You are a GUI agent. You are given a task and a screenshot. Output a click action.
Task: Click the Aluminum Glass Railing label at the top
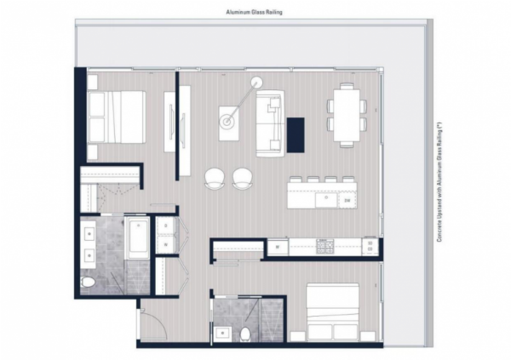254,13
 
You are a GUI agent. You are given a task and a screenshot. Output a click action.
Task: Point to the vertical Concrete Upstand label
439,182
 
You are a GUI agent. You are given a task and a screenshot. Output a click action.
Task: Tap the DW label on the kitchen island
347,201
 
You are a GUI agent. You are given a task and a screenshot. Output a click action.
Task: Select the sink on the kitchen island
326,200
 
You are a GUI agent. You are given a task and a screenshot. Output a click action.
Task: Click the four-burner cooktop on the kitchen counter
325,247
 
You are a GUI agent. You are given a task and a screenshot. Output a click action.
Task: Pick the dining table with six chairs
347,116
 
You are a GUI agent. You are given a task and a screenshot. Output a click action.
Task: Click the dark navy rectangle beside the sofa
296,134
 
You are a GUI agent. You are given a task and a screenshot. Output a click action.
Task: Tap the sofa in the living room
269,123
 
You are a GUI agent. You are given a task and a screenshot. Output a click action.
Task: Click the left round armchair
215,178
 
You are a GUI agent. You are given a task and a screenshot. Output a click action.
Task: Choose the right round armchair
243,178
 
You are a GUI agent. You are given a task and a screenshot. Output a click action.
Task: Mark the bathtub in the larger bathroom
139,237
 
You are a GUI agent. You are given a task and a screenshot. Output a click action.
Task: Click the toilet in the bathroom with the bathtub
88,283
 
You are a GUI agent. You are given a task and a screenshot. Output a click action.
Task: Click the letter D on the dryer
166,226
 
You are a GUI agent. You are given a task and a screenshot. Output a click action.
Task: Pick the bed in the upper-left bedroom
117,117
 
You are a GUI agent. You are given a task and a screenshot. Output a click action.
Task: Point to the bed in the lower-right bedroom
333,311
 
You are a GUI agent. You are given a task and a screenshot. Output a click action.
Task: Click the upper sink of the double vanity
89,233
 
